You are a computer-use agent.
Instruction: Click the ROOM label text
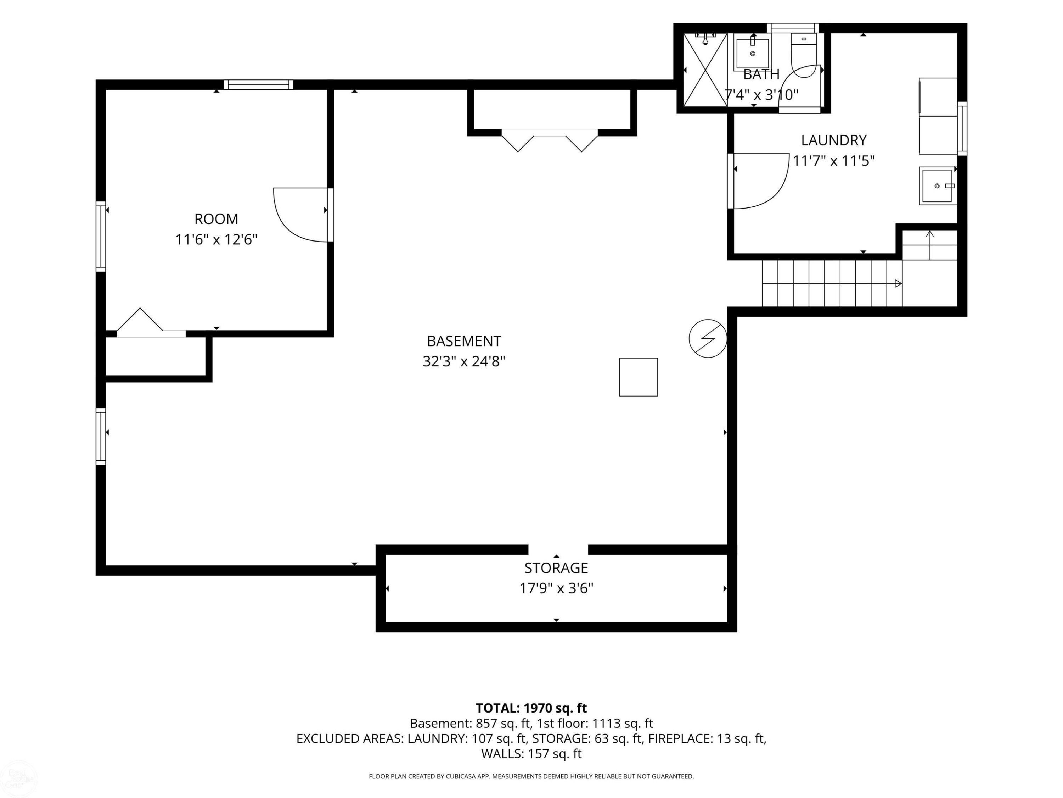tap(216, 219)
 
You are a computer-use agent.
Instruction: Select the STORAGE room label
tap(556, 568)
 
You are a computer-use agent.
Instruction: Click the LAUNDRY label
tap(834, 140)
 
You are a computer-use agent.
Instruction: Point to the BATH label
tap(761, 74)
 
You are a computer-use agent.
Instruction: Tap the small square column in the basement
tap(638, 377)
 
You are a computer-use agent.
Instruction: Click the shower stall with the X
tap(705, 70)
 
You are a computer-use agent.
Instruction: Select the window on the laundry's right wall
tap(962, 128)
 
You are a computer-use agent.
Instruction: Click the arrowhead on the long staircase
tap(898, 284)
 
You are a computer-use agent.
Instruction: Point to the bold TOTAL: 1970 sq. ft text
tap(531, 708)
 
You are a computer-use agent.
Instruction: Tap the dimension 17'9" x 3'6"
tap(556, 588)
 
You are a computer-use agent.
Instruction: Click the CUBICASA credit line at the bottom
tap(531, 776)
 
